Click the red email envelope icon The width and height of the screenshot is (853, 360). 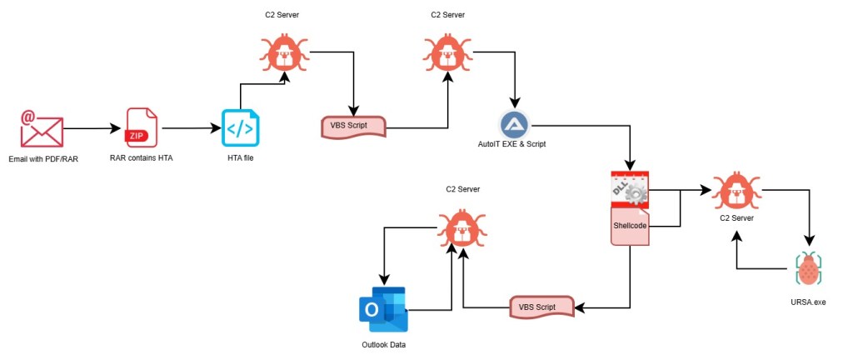coord(42,129)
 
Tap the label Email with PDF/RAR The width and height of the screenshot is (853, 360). coord(42,158)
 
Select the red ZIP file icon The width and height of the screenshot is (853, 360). coord(141,128)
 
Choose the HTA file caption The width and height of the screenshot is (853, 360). coord(241,158)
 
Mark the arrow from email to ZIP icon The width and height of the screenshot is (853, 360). coord(92,129)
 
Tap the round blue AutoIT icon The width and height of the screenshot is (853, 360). coord(515,125)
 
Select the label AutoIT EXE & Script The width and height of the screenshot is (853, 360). coord(515,145)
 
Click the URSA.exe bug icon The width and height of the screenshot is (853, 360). coord(808,269)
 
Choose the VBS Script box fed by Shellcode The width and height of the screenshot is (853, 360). coord(542,307)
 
